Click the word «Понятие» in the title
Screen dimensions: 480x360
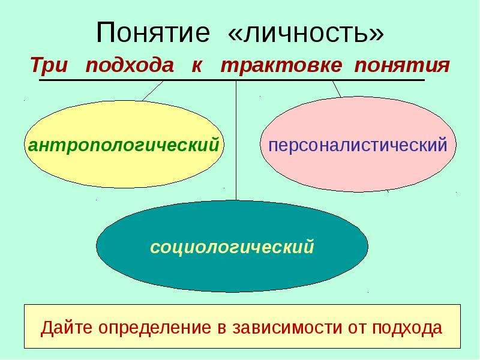coord(153,32)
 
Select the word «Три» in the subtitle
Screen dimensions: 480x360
coord(49,65)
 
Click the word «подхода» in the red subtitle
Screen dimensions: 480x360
coord(130,65)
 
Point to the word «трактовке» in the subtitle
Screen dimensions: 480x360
coord(281,65)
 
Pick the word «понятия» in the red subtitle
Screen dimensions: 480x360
coord(402,65)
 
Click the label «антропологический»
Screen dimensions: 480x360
coord(124,145)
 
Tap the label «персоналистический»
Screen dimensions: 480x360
coord(358,145)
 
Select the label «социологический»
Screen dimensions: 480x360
coord(232,247)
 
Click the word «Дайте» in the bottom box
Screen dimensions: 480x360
coord(67,328)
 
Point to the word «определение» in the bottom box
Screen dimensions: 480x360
coord(155,328)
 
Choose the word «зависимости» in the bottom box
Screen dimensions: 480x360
coord(287,328)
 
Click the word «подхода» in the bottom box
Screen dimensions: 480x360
coord(407,328)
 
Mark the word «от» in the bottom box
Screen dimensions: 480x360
coord(357,328)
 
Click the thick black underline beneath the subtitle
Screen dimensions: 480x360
coord(232,80)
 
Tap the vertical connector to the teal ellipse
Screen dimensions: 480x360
coord(236,140)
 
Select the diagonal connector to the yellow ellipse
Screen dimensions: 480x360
coord(153,91)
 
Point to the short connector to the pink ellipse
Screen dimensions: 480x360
coord(337,89)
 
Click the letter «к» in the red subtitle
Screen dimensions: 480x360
coord(197,66)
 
